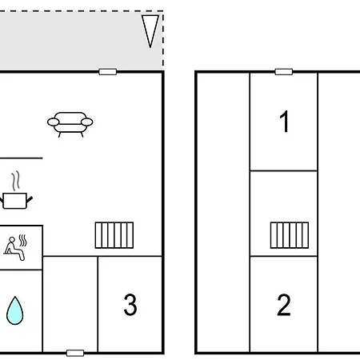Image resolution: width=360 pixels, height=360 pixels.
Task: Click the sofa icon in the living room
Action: (x=70, y=125)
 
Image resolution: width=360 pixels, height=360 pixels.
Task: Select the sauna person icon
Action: (x=15, y=248)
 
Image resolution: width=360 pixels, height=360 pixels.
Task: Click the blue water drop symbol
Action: (x=15, y=310)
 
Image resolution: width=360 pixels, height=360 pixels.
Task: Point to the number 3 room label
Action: (x=130, y=305)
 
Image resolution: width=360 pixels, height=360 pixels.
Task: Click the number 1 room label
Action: (x=284, y=122)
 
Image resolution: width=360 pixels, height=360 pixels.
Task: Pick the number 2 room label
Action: (x=284, y=305)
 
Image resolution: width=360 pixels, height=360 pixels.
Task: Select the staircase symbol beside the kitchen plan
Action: (x=114, y=235)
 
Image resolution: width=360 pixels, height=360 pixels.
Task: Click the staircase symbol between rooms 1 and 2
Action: (x=290, y=235)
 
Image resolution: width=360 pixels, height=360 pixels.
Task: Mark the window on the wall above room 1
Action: (x=284, y=72)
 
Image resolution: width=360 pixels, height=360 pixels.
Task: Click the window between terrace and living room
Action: (x=107, y=72)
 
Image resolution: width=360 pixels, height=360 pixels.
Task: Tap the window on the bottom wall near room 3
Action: (x=75, y=353)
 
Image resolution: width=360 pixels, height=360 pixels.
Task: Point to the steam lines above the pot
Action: (x=16, y=181)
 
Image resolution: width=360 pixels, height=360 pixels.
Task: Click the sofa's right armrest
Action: (x=87, y=122)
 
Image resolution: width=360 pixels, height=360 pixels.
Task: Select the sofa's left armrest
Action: (x=54, y=122)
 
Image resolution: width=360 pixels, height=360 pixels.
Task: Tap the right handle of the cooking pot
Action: (x=30, y=199)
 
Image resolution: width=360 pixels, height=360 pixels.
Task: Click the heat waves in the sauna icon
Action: (x=23, y=240)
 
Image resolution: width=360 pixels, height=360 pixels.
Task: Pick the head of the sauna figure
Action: (x=12, y=240)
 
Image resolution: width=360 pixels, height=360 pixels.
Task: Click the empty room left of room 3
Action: (x=70, y=304)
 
